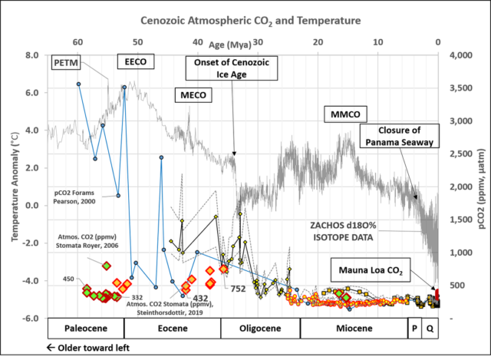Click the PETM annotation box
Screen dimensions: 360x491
[67, 61]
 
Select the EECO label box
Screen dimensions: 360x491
[132, 61]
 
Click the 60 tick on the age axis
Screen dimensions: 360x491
[77, 41]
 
